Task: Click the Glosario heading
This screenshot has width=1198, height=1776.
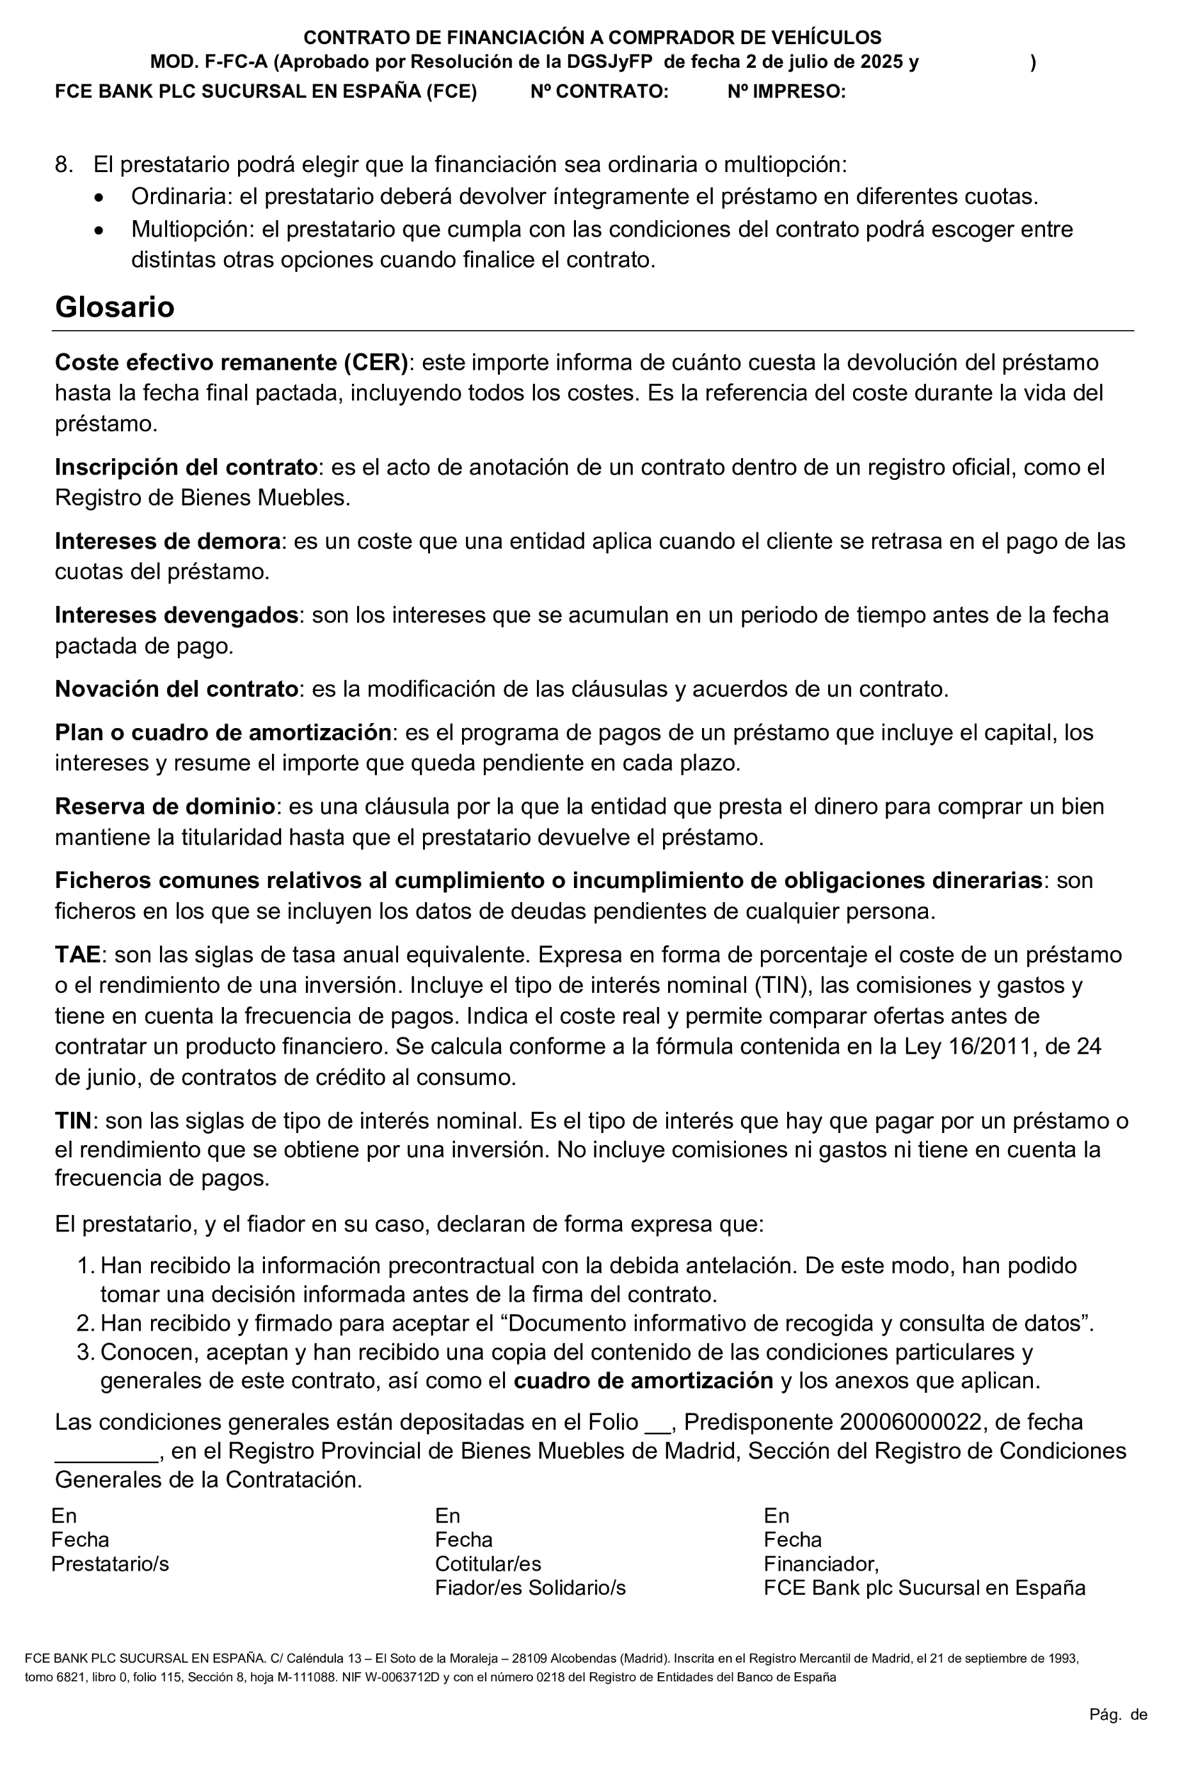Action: (x=115, y=307)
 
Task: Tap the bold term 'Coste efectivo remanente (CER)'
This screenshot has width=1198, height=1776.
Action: (x=232, y=362)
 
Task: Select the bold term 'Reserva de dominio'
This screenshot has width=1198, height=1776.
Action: (x=164, y=807)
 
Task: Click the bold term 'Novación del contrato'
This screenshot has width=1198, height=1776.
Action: (x=176, y=689)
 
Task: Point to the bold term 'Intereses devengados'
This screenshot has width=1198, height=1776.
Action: (x=176, y=615)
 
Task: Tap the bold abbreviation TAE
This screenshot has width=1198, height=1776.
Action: (x=77, y=955)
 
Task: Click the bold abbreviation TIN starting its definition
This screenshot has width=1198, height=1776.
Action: (x=72, y=1121)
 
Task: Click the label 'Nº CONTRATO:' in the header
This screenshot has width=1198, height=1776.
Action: (x=599, y=91)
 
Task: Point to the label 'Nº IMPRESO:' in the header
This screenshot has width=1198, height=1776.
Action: (x=786, y=91)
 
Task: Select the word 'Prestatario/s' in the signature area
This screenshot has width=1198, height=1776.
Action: (x=110, y=1564)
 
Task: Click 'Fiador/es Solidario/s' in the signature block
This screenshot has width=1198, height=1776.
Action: (x=531, y=1588)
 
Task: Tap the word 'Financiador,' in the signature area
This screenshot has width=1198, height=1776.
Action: (x=821, y=1564)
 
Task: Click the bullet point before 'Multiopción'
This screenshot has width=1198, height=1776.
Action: (x=99, y=230)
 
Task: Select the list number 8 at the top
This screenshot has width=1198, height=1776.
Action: (x=63, y=165)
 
